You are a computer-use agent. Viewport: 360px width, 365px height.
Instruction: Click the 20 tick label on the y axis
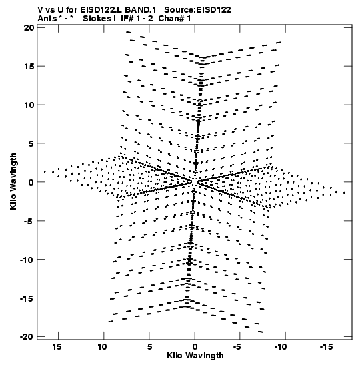[x=29, y=28]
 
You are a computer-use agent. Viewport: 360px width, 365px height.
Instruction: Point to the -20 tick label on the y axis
[x=27, y=336]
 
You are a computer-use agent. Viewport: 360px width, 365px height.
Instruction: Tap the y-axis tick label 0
[x=31, y=182]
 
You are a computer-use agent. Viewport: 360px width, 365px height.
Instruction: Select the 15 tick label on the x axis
[x=57, y=347]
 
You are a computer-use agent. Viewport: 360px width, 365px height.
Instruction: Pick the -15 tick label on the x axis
[x=326, y=347]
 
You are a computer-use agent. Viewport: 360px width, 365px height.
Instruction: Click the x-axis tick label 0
[x=195, y=347]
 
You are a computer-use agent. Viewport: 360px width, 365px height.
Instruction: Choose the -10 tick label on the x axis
[x=281, y=347]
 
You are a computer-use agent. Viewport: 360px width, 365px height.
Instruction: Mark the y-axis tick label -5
[x=29, y=221]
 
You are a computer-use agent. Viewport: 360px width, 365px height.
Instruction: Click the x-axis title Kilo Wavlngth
[x=195, y=356]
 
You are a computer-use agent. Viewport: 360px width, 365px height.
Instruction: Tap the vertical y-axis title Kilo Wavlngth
[x=13, y=181]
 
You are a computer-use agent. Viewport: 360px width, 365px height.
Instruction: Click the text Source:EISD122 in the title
[x=197, y=10]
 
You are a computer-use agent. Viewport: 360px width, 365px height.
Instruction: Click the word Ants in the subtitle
[x=47, y=19]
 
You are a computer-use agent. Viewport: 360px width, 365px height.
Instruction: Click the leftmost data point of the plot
[x=45, y=171]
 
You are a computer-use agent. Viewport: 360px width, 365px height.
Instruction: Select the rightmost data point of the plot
[x=345, y=193]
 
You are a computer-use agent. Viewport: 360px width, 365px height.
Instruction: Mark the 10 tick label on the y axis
[x=29, y=105]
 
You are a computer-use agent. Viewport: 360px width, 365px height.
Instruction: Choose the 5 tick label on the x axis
[x=149, y=347]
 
